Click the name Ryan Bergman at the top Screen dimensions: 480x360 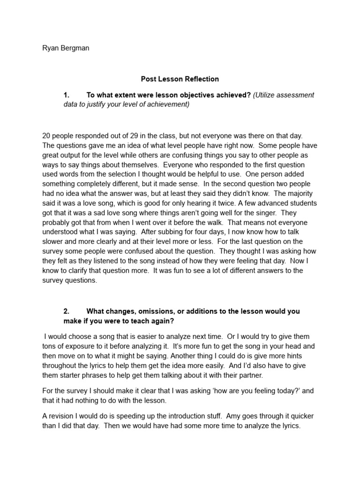(66, 48)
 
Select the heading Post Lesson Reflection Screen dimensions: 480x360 (180, 79)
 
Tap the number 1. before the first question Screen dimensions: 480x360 (67, 95)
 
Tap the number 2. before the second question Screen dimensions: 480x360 (67, 311)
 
